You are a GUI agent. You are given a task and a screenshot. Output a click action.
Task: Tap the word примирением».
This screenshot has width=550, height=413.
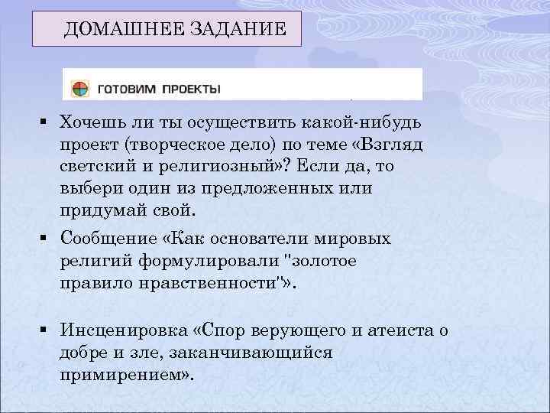[x=126, y=375]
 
